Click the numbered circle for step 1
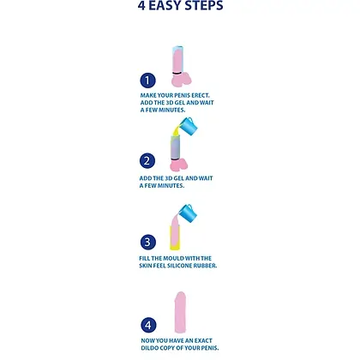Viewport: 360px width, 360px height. pos(147,81)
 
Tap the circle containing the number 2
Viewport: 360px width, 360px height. pos(147,161)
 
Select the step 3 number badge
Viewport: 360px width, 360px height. pos(148,243)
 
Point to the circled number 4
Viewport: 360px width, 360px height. pos(148,325)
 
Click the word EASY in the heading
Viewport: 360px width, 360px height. pos(165,6)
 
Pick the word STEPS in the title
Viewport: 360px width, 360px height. pos(204,6)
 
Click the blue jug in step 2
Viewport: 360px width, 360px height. pos(189,126)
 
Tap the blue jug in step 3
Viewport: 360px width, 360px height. pos(188,213)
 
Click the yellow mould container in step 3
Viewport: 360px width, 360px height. pos(175,238)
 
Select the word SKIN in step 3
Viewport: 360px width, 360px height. pos(145,266)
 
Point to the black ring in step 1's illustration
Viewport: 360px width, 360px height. pos(177,73)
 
